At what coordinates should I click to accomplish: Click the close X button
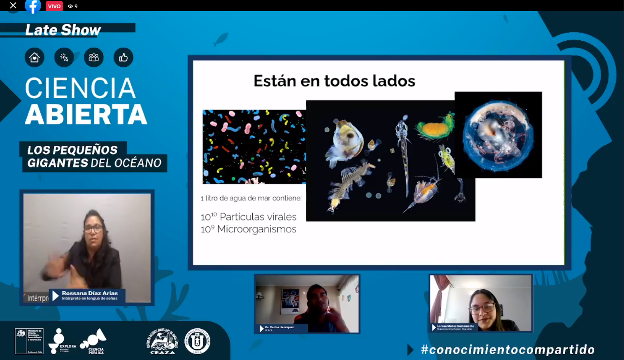pos(13,6)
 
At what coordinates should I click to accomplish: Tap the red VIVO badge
pos(54,6)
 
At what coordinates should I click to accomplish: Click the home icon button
pos(35,58)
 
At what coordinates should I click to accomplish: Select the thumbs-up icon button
pos(123,58)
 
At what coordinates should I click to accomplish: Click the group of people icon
pos(94,58)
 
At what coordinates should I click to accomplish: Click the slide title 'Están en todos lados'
pos(334,81)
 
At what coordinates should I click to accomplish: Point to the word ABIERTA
pos(86,114)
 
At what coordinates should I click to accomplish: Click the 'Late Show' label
pos(63,30)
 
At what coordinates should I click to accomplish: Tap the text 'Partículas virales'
pos(258,217)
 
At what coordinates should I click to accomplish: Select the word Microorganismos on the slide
pos(256,229)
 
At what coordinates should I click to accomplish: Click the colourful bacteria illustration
pos(254,146)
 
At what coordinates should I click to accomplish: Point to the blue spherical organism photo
pos(498,135)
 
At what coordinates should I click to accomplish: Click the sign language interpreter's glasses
pos(93,229)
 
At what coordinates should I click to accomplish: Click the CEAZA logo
pos(163,341)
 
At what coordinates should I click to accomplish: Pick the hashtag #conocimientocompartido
pos(508,350)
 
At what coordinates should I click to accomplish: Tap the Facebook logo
pos(33,6)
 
